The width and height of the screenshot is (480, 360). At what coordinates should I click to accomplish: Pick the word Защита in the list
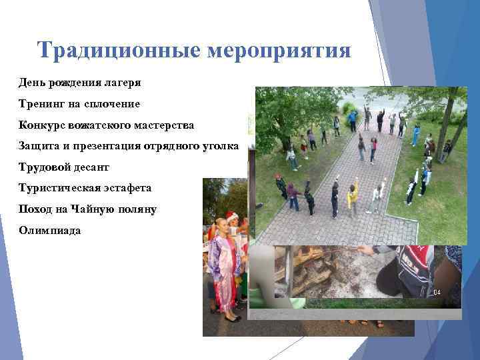pos(39,146)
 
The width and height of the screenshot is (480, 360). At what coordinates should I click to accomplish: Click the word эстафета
pos(131,189)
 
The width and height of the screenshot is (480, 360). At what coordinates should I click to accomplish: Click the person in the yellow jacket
pos(352,197)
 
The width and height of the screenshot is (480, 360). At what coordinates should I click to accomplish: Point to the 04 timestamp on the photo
pos(437,293)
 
